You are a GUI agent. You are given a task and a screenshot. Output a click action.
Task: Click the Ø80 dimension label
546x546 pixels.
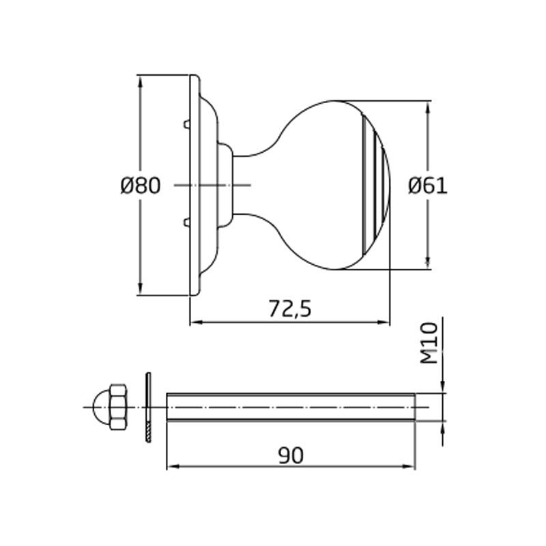[140, 186]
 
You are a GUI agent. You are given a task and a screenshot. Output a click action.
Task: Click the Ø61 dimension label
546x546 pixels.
[428, 186]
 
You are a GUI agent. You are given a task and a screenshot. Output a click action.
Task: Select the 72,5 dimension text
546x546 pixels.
[289, 309]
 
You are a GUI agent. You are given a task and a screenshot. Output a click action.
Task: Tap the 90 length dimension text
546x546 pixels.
[291, 455]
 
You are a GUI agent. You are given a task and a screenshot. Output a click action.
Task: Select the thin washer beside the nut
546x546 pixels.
[148, 407]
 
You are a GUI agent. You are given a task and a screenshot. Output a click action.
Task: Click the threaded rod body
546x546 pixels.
[290, 407]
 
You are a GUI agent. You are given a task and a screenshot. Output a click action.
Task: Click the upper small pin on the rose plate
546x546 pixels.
[186, 125]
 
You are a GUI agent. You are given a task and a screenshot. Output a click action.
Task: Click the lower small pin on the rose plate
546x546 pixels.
[186, 220]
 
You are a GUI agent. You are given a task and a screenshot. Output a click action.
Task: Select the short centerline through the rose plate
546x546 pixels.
[212, 186]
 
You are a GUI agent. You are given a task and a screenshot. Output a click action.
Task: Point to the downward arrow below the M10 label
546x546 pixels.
[443, 386]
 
